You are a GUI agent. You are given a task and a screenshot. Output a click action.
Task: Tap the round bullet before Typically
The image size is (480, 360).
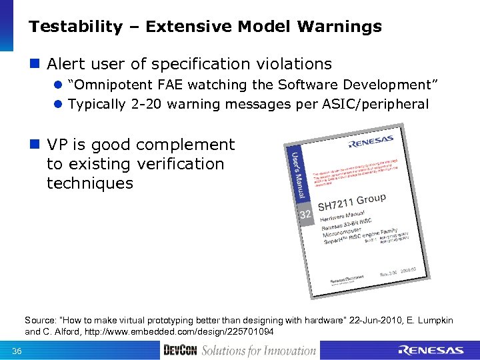point(58,105)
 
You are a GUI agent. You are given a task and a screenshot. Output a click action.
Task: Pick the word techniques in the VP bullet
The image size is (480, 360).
point(90,183)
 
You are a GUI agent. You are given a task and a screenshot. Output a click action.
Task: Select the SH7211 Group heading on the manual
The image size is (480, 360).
point(351,201)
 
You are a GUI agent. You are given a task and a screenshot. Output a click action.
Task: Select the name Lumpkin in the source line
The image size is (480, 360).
point(431,321)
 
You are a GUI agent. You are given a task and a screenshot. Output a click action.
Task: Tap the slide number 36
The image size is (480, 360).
point(17,351)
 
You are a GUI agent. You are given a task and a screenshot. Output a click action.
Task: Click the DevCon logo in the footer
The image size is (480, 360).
point(180,351)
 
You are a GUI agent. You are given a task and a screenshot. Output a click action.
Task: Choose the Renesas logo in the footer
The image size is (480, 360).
point(430,351)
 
